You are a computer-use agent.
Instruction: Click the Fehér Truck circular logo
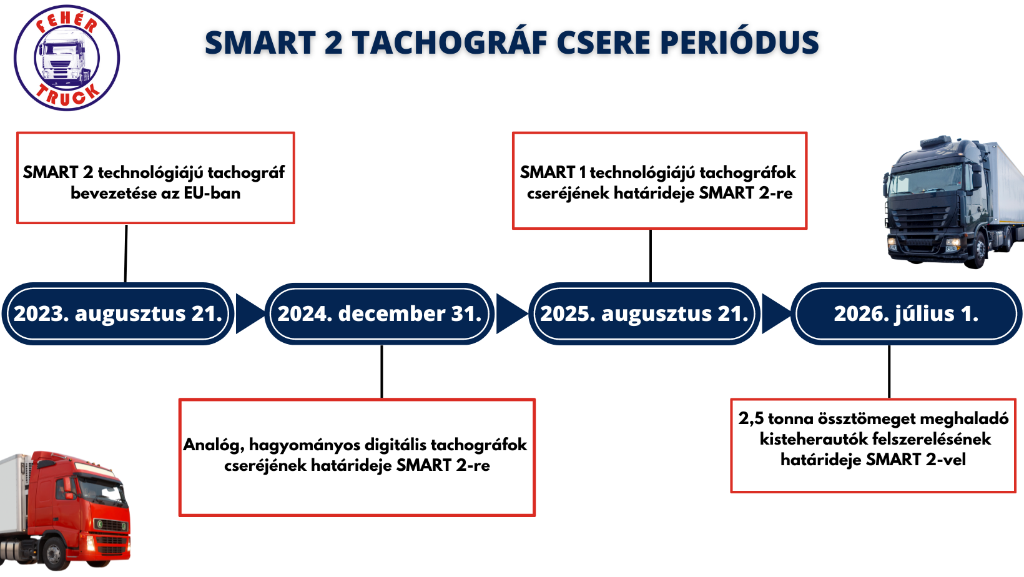[67, 57]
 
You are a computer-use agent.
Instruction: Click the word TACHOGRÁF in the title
[450, 43]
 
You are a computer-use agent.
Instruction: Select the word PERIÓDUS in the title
[739, 43]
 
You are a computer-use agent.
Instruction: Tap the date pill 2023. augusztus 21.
[118, 313]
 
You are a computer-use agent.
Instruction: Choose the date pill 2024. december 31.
[380, 313]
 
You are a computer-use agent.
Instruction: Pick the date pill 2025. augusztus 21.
[644, 313]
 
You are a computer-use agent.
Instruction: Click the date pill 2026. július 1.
[906, 313]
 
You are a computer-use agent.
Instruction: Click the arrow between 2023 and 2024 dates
[250, 313]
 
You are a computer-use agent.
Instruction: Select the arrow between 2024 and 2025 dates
[512, 313]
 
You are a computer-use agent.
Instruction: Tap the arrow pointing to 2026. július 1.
[776, 313]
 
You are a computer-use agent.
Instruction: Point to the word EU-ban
[212, 193]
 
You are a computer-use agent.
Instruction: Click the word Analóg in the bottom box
[214, 445]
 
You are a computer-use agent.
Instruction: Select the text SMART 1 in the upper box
[553, 172]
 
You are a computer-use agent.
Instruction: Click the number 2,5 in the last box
[751, 419]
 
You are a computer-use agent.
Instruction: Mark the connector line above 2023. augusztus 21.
[126, 254]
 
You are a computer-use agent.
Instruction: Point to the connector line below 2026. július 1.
[889, 372]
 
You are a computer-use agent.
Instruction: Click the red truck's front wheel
[55, 554]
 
